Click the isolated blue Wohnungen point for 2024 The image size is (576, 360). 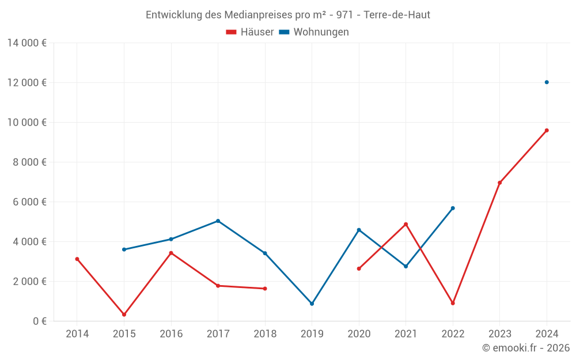[547, 82]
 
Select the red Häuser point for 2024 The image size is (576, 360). [547, 130]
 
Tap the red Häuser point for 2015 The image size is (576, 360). [124, 314]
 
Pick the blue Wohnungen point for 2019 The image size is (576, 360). [312, 304]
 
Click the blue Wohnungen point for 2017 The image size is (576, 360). [218, 221]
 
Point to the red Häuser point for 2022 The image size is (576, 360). [453, 303]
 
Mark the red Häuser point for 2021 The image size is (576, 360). [406, 224]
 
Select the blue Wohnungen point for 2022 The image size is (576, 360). [453, 208]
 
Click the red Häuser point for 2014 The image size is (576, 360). [77, 259]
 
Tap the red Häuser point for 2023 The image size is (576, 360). [499, 183]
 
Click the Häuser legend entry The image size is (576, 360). [249, 32]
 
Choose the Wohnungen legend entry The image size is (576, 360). [314, 32]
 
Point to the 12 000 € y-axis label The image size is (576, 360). [26, 82]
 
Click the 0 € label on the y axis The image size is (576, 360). [40, 321]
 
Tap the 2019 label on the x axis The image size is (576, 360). [312, 334]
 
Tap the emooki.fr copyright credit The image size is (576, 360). [525, 348]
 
